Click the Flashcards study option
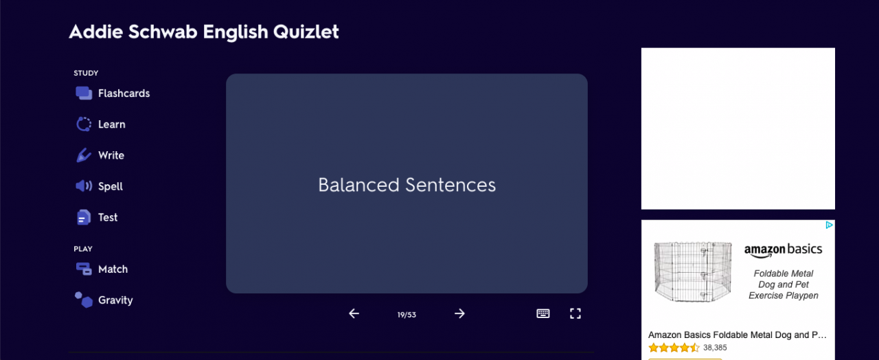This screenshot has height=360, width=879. pyautogui.click(x=113, y=93)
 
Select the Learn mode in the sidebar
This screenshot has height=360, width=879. pyautogui.click(x=100, y=124)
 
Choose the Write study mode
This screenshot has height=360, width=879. pyautogui.click(x=100, y=155)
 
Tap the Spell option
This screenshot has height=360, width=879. pyautogui.click(x=99, y=186)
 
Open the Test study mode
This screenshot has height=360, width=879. pyautogui.click(x=97, y=218)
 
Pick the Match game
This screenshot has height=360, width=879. pyautogui.click(x=102, y=269)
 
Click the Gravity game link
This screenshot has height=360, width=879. pyautogui.click(x=104, y=300)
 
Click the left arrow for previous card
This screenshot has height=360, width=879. pyautogui.click(x=354, y=314)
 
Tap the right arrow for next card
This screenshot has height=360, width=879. pyautogui.click(x=459, y=314)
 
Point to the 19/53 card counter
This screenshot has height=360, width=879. pyautogui.click(x=407, y=315)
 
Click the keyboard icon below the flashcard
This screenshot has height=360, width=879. pyautogui.click(x=543, y=313)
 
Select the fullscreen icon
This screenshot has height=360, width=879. pyautogui.click(x=575, y=313)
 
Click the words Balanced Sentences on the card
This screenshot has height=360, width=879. pyautogui.click(x=407, y=185)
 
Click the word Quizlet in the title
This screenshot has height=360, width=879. pyautogui.click(x=306, y=32)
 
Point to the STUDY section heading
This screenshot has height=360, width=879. pyautogui.click(x=86, y=73)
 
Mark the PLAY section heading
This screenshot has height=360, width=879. pyautogui.click(x=83, y=249)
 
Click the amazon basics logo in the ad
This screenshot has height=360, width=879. pyautogui.click(x=784, y=250)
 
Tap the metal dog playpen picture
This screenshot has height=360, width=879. pyautogui.click(x=693, y=271)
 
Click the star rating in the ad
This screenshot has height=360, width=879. pyautogui.click(x=674, y=348)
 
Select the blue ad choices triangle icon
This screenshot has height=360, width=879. pyautogui.click(x=829, y=225)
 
